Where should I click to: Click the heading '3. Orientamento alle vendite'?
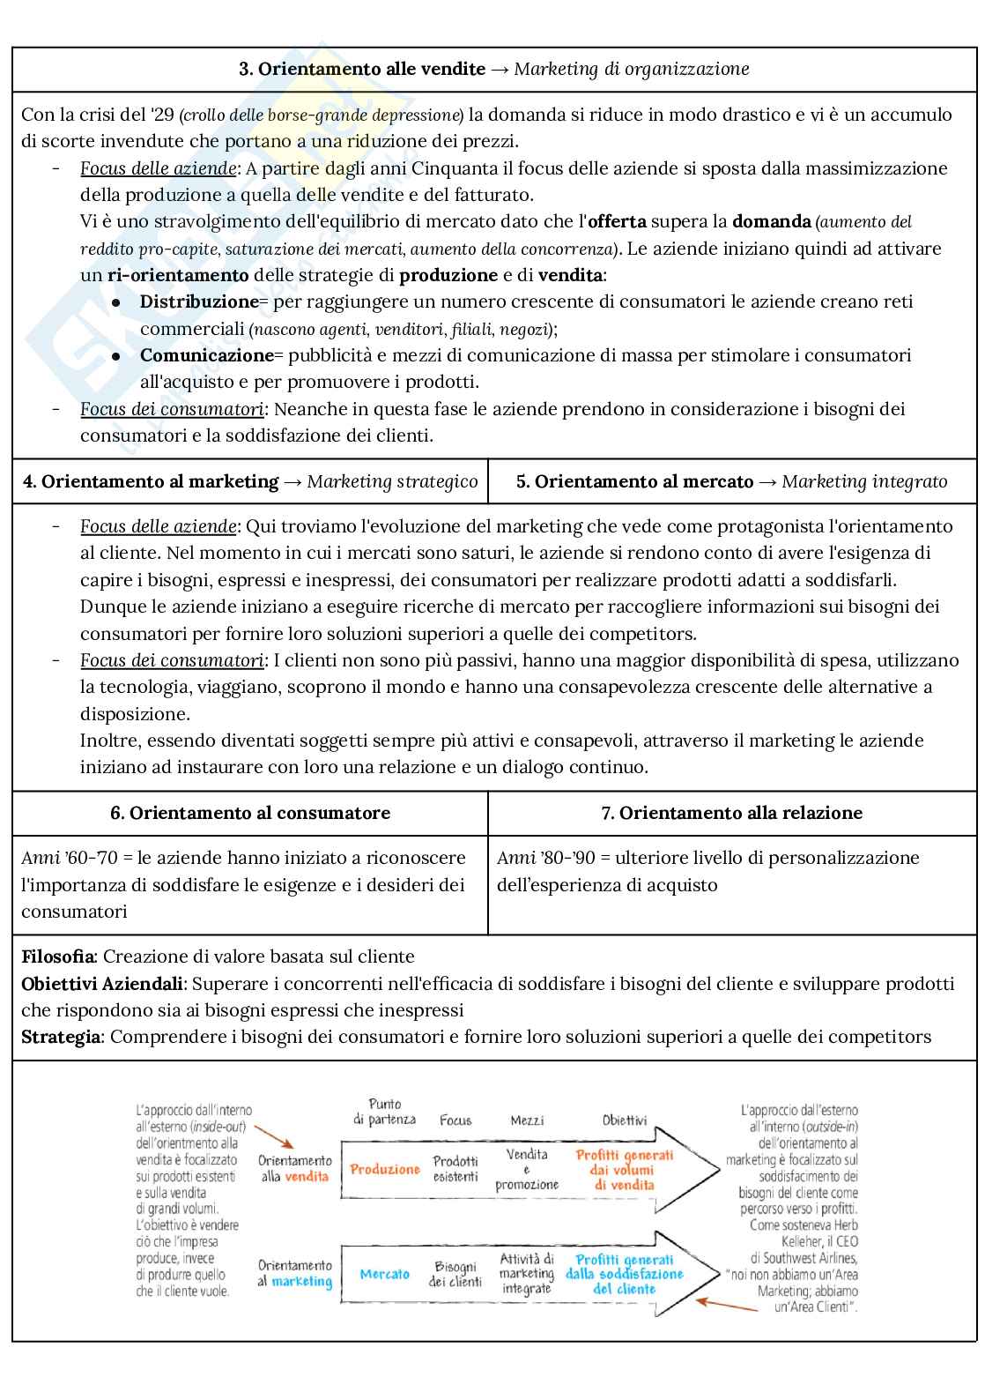point(361,69)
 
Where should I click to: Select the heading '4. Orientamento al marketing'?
point(151,481)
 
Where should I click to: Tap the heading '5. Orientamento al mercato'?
point(634,481)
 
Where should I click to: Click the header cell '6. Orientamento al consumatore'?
point(250,813)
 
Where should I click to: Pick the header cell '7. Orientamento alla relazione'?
point(731,813)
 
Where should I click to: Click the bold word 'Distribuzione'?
point(199,301)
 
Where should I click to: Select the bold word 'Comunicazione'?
point(207,355)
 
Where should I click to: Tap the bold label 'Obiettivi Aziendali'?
point(102,984)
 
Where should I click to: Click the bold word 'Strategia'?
point(61,1037)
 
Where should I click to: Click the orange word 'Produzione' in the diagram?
point(385,1169)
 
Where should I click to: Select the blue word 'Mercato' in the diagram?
point(385,1274)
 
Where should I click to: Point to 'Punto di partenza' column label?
point(385,1112)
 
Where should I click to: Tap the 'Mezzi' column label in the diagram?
point(527,1120)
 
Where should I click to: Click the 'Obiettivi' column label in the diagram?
point(624,1120)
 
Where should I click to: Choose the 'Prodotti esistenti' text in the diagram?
point(455,1169)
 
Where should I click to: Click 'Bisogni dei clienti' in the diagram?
point(455,1274)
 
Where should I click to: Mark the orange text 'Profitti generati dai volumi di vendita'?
point(624,1170)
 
